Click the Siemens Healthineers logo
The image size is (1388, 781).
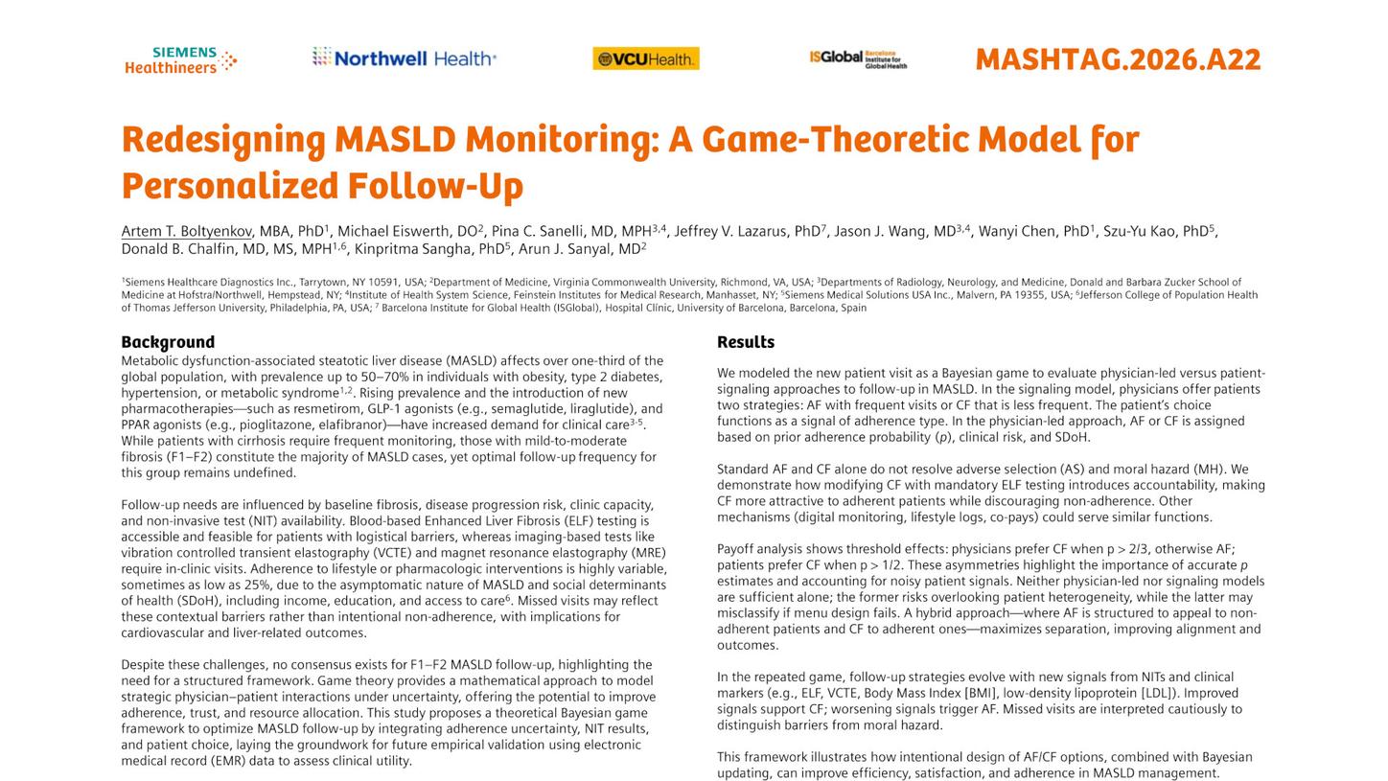tap(180, 59)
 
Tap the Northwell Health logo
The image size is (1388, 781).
tap(404, 58)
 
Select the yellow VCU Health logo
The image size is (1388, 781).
tap(645, 58)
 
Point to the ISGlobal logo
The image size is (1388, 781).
tap(857, 58)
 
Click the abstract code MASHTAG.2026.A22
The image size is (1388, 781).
tap(1117, 59)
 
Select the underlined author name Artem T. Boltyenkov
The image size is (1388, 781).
tap(186, 231)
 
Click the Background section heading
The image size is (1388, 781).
tap(168, 342)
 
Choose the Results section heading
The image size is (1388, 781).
tap(745, 342)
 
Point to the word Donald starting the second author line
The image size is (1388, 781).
tap(144, 249)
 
